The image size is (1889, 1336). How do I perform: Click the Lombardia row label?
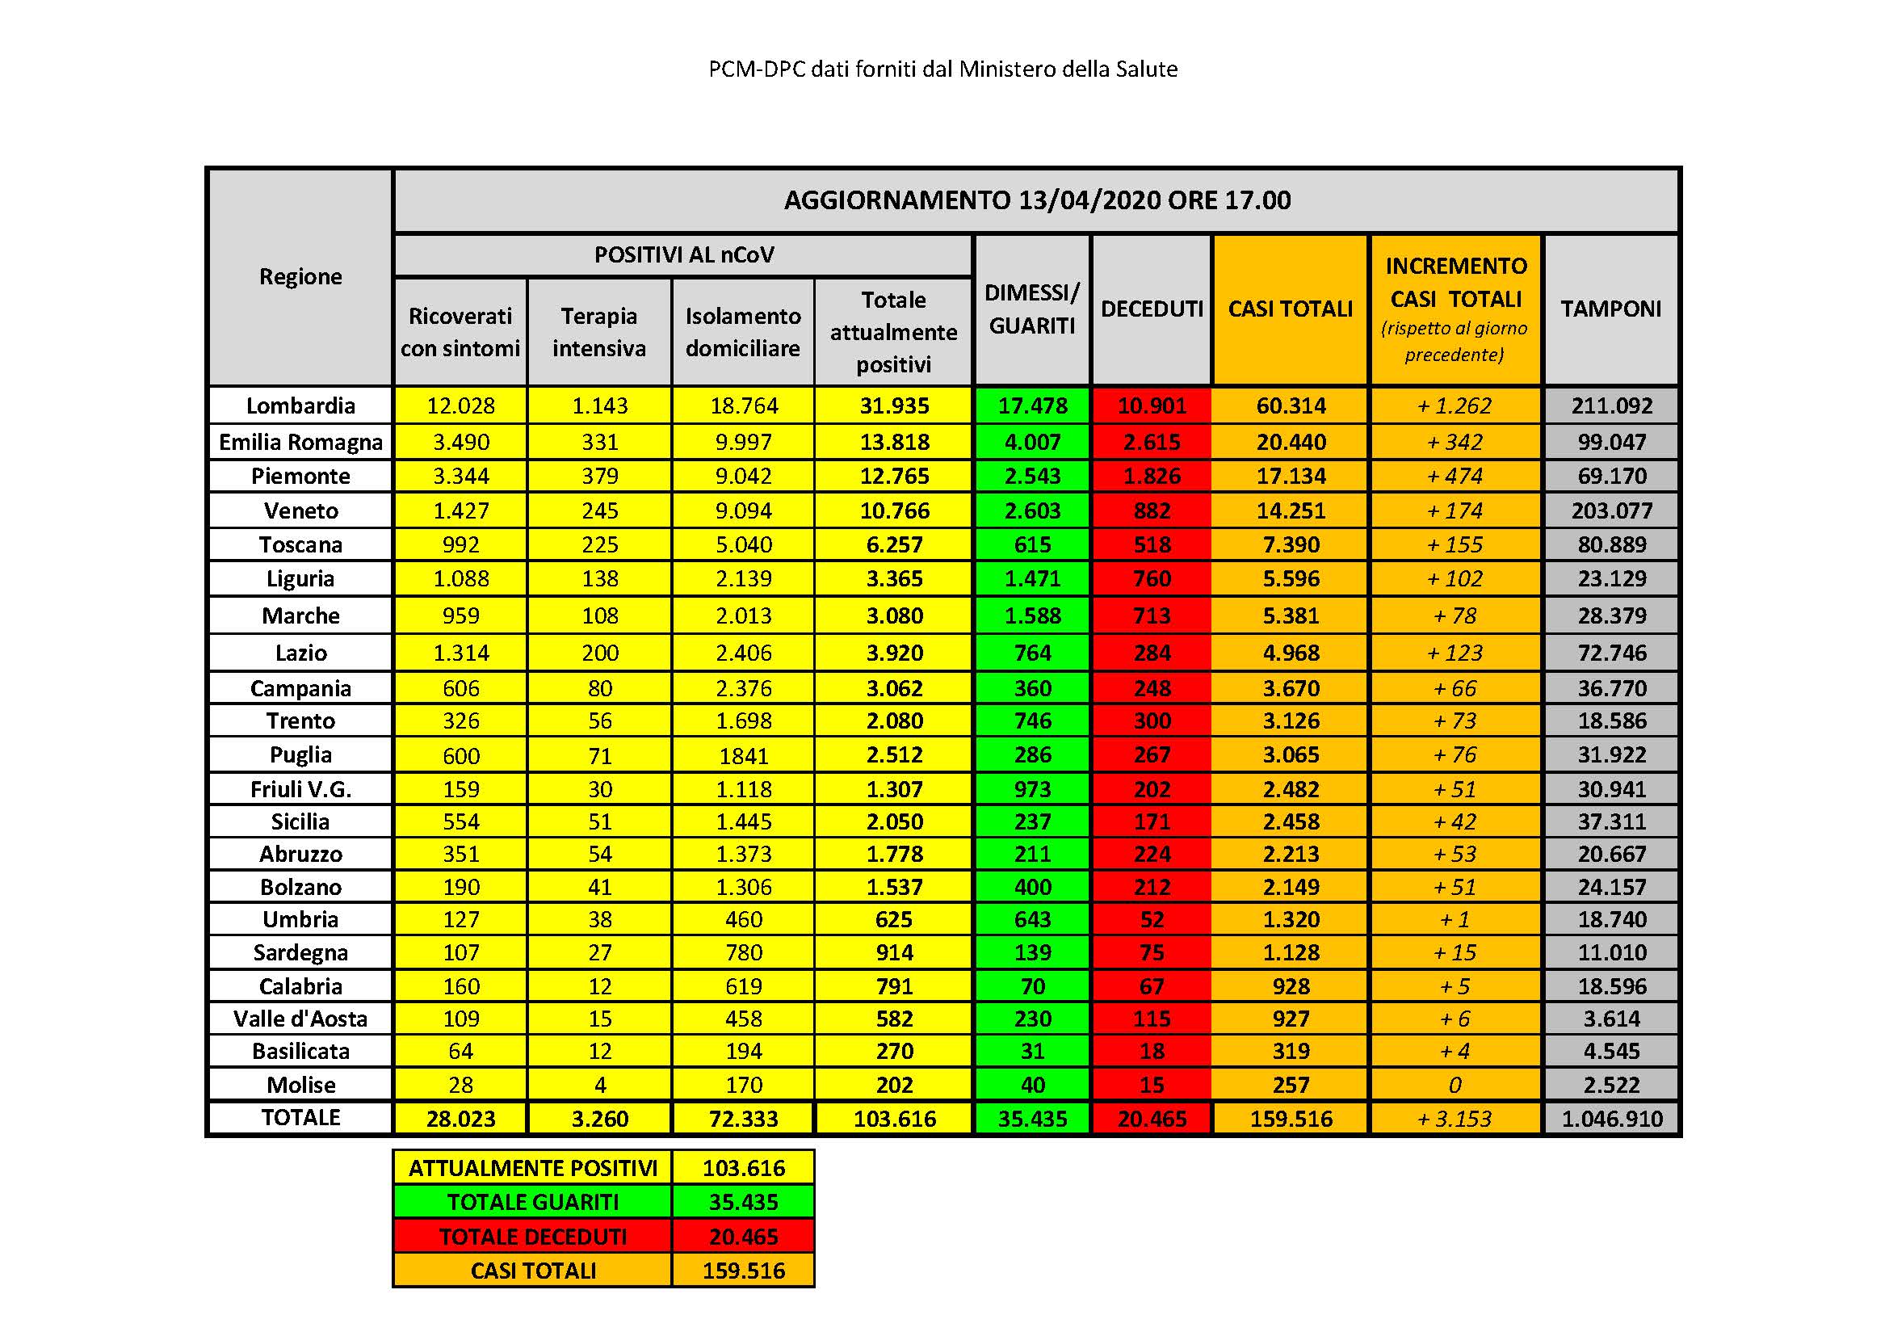coord(300,405)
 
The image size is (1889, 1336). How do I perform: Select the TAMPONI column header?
coord(1610,309)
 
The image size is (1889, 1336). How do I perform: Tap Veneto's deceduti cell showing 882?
coord(1151,510)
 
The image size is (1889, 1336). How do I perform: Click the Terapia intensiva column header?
coord(599,331)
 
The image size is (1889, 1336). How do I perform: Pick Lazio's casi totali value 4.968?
coord(1290,653)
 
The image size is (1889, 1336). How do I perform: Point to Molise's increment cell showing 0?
coord(1455,1085)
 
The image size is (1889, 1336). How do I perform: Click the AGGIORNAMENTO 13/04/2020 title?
coord(1037,200)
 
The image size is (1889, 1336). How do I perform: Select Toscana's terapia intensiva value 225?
coord(599,544)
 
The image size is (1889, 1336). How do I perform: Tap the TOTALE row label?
coord(300,1117)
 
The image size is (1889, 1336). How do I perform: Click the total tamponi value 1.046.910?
coord(1611,1119)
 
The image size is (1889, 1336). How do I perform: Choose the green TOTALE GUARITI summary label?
coord(532,1202)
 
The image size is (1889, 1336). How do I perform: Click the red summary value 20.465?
coord(743,1237)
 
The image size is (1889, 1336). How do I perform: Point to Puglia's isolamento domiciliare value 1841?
coord(743,755)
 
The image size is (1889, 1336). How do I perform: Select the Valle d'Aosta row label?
coord(300,1019)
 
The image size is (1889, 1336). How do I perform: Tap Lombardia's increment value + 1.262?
coord(1455,405)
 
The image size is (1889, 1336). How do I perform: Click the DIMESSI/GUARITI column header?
coord(1031,309)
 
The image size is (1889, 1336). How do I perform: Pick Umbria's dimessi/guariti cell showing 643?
coord(1031,919)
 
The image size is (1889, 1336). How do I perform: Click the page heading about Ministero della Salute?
coord(942,69)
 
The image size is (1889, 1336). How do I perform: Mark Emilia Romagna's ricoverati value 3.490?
coord(460,442)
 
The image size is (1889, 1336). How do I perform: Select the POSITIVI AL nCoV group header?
coord(684,255)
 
